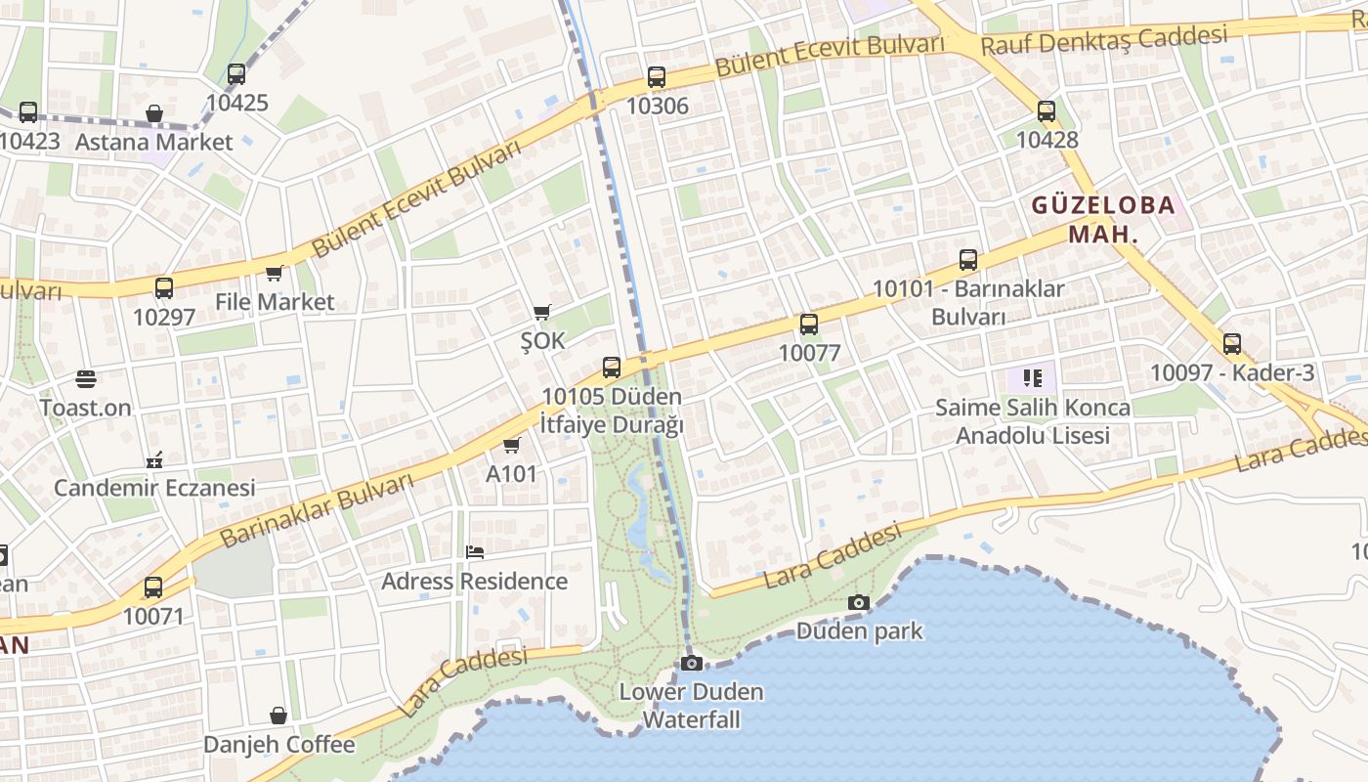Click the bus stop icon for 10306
[x=657, y=77]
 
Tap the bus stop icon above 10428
[x=1047, y=111]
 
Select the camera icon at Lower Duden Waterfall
[x=691, y=664]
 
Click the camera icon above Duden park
[x=859, y=602]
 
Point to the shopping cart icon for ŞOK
[x=542, y=313]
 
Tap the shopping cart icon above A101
[x=511, y=446]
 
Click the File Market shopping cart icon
[x=275, y=274]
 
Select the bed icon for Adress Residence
[x=475, y=552]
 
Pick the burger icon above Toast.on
[x=86, y=378]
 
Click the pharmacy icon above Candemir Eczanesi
[x=153, y=459]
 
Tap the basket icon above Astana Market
[x=154, y=114]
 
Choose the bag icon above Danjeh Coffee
[x=278, y=717]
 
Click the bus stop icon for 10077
[x=809, y=325]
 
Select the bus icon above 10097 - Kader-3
[x=1232, y=344]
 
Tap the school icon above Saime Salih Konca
[x=1032, y=377]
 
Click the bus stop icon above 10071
[x=153, y=587]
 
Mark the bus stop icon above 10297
[x=164, y=288]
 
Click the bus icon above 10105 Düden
[x=612, y=368]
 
